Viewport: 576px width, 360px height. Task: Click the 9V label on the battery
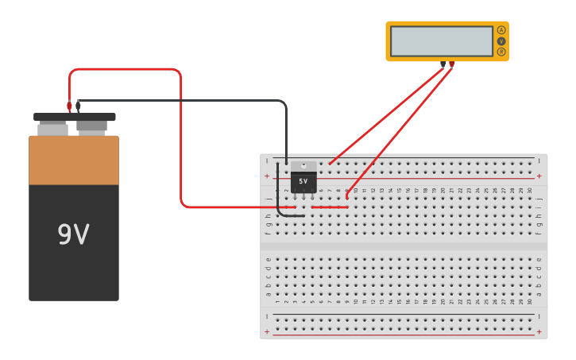coord(73,234)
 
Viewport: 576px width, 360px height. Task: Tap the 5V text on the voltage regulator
coord(303,181)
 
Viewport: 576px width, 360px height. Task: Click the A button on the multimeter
coord(501,30)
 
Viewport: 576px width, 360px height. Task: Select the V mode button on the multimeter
coord(501,41)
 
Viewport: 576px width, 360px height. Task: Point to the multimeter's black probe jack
coord(443,64)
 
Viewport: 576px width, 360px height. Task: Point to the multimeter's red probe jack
coord(451,64)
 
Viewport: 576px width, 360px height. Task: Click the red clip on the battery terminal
coord(69,106)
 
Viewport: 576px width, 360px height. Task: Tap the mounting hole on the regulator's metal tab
coord(303,165)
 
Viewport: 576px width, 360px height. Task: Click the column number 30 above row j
coord(530,191)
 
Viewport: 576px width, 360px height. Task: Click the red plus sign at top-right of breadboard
coord(539,176)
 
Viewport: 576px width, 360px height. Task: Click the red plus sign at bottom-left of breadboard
coord(267,331)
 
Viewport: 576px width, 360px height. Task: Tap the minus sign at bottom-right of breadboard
coord(539,315)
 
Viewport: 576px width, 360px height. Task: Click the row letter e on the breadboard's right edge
coord(539,259)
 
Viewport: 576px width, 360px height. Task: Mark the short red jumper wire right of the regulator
coord(329,207)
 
